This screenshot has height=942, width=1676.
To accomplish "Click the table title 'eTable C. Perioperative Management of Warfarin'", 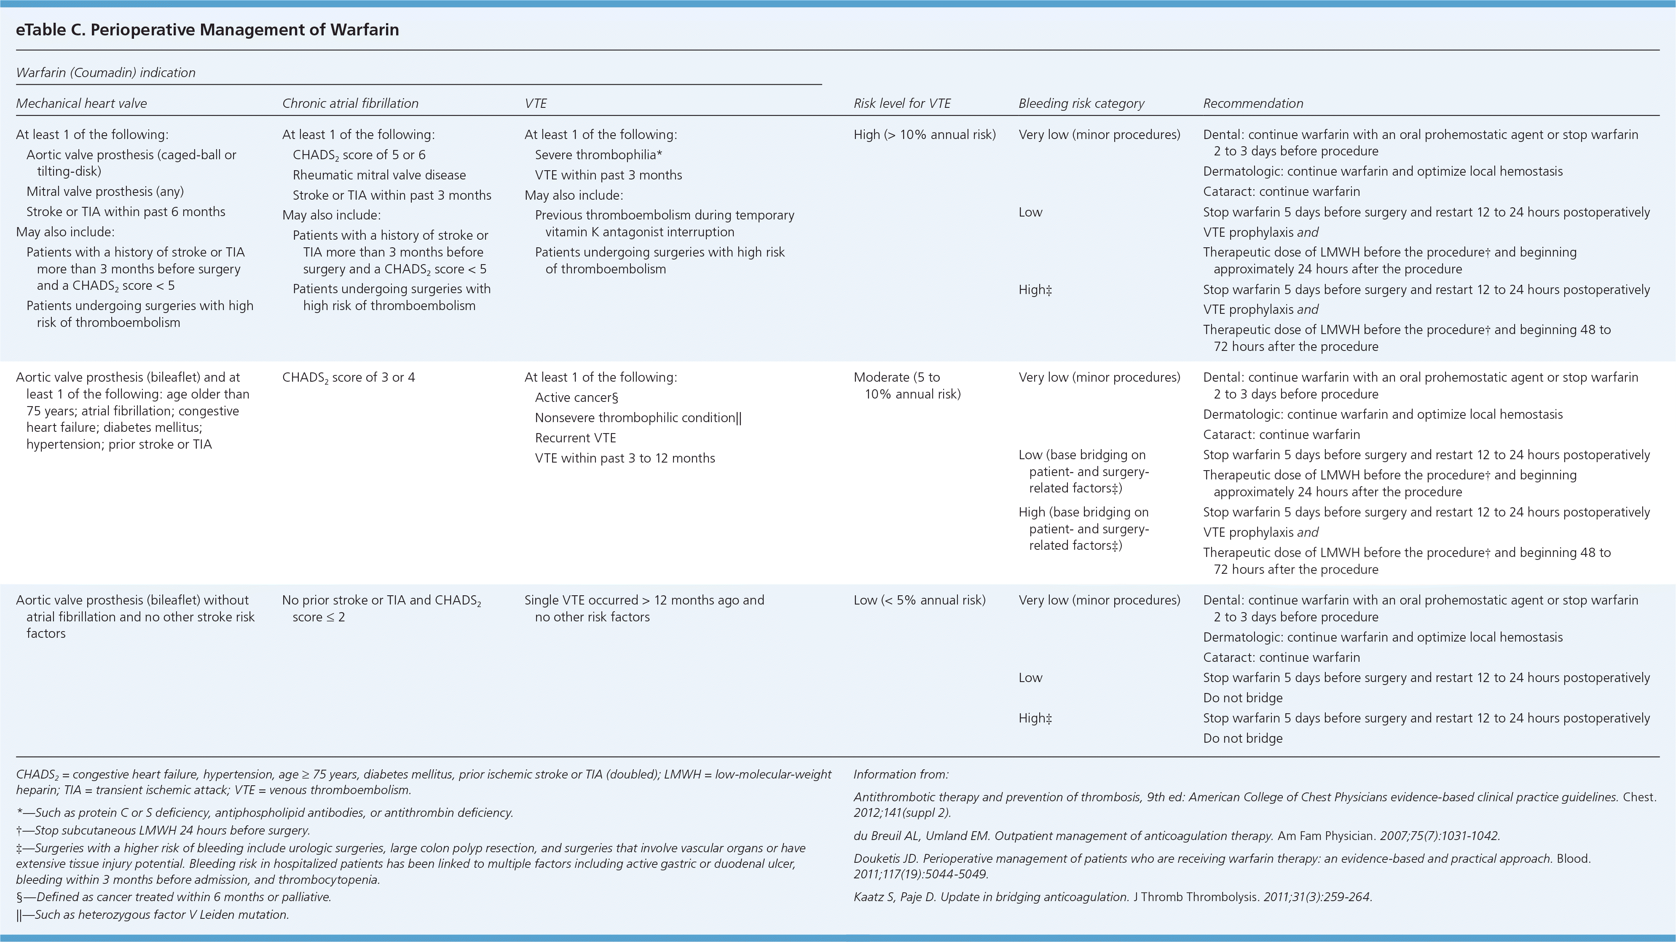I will point(207,30).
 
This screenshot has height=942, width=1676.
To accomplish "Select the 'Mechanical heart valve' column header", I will point(81,104).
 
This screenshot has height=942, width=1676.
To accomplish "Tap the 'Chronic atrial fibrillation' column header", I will point(350,104).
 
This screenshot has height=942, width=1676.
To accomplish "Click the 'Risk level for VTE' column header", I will point(902,104).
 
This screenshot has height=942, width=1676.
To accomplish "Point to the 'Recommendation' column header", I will point(1253,104).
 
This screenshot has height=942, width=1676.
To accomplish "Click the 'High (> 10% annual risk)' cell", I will point(925,135).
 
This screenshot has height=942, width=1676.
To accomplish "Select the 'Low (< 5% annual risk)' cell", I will point(919,600).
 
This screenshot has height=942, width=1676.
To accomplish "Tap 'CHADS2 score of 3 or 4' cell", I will point(348,377).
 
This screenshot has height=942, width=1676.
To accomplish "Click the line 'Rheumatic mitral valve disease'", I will point(379,175).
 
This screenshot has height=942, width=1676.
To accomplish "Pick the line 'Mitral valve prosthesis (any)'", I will point(105,191).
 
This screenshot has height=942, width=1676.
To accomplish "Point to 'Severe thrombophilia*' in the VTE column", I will point(598,155).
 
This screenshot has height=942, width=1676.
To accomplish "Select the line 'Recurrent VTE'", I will point(575,438).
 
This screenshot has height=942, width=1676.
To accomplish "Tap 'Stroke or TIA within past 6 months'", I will point(126,211).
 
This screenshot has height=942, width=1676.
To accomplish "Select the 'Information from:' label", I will point(901,774).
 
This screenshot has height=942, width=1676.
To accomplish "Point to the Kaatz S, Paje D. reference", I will point(1113,897).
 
